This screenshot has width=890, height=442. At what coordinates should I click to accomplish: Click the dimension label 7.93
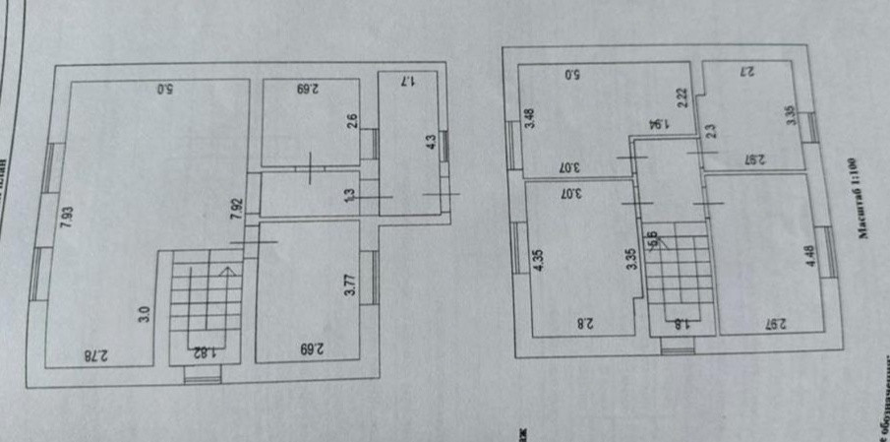pyautogui.click(x=66, y=217)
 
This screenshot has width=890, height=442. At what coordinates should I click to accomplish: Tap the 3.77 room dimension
pyautogui.click(x=349, y=294)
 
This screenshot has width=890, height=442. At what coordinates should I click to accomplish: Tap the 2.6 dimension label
pyautogui.click(x=351, y=123)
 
